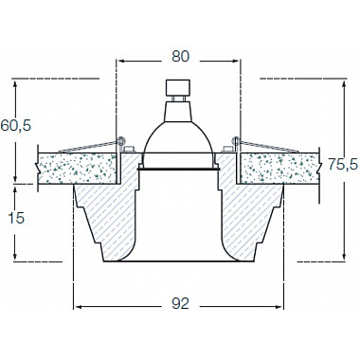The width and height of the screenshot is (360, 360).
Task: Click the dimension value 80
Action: (x=180, y=56)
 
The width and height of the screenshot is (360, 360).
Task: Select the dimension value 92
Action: (x=180, y=303)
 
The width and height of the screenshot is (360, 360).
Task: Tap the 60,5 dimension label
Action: (x=16, y=126)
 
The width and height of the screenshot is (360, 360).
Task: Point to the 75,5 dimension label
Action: (x=343, y=164)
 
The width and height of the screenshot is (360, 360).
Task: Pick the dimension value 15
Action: (x=16, y=218)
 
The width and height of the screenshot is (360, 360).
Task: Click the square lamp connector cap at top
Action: (x=178, y=88)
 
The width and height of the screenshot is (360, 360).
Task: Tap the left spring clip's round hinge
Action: (x=120, y=140)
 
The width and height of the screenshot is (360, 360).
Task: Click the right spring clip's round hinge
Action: (x=236, y=140)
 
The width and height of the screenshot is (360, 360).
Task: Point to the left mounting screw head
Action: (x=129, y=149)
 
